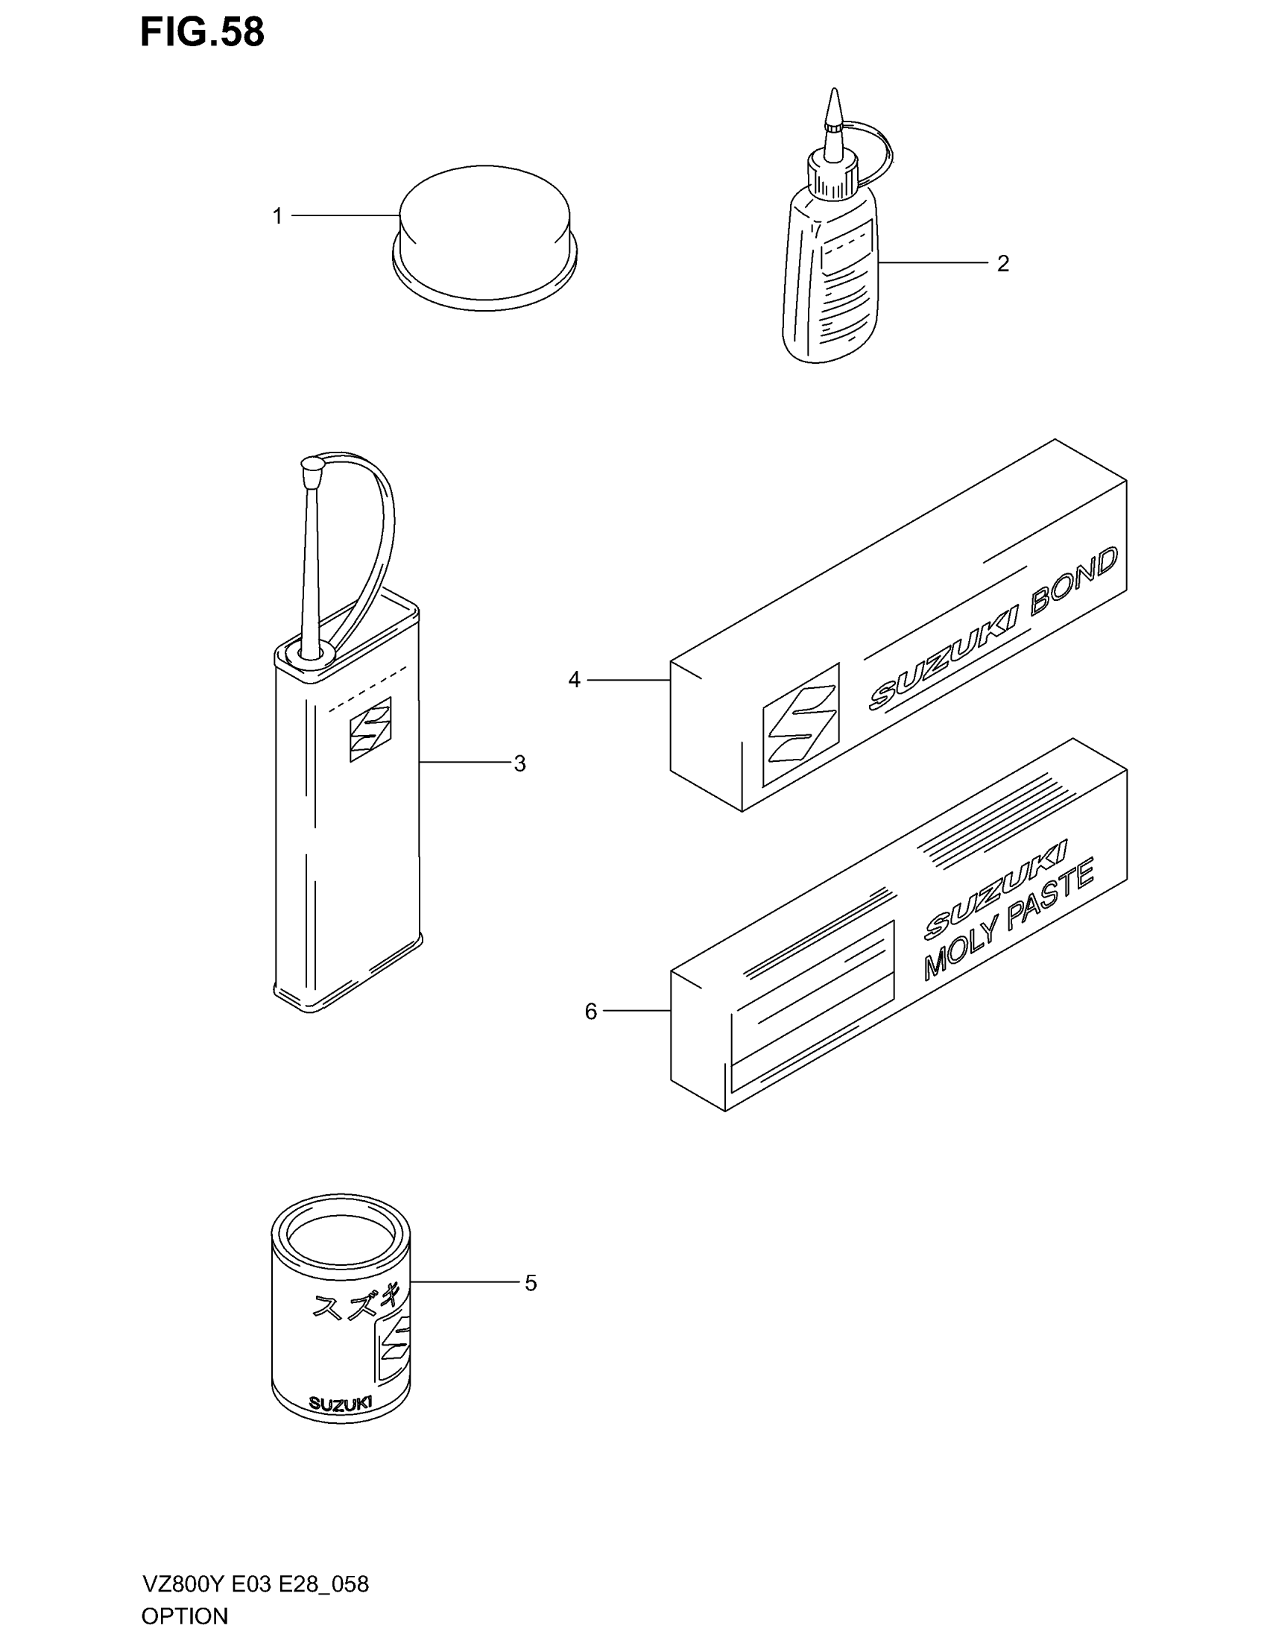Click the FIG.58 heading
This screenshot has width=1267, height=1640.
tap(202, 33)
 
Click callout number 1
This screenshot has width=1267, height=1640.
tap(277, 216)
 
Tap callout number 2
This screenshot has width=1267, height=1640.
tap(1002, 264)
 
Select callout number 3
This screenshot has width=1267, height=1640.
tap(519, 763)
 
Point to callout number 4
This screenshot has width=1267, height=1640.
tap(574, 681)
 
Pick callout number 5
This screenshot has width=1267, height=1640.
tap(531, 1284)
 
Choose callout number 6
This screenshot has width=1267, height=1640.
tap(591, 1012)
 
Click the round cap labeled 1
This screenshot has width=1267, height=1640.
tap(484, 225)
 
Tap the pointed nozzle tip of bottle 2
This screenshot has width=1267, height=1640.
tap(833, 105)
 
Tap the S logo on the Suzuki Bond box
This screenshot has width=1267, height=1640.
tap(800, 725)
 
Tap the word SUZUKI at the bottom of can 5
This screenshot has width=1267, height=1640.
tap(340, 1404)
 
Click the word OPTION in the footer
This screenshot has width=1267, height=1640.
tap(185, 1616)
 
